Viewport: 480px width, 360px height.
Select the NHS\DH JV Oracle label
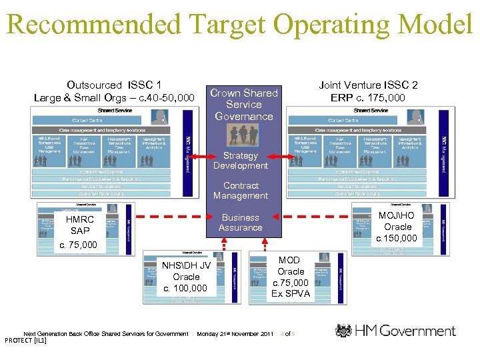click(186, 277)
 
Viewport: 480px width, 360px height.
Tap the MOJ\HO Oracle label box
click(397, 227)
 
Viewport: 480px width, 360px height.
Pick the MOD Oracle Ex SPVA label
click(291, 277)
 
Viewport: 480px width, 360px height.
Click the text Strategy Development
click(241, 161)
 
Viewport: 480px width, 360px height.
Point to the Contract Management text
click(241, 191)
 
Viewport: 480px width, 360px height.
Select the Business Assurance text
click(241, 223)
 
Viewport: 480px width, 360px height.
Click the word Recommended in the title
click(93, 25)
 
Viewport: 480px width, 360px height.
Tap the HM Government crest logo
click(343, 331)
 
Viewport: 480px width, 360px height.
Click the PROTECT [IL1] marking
click(25, 341)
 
